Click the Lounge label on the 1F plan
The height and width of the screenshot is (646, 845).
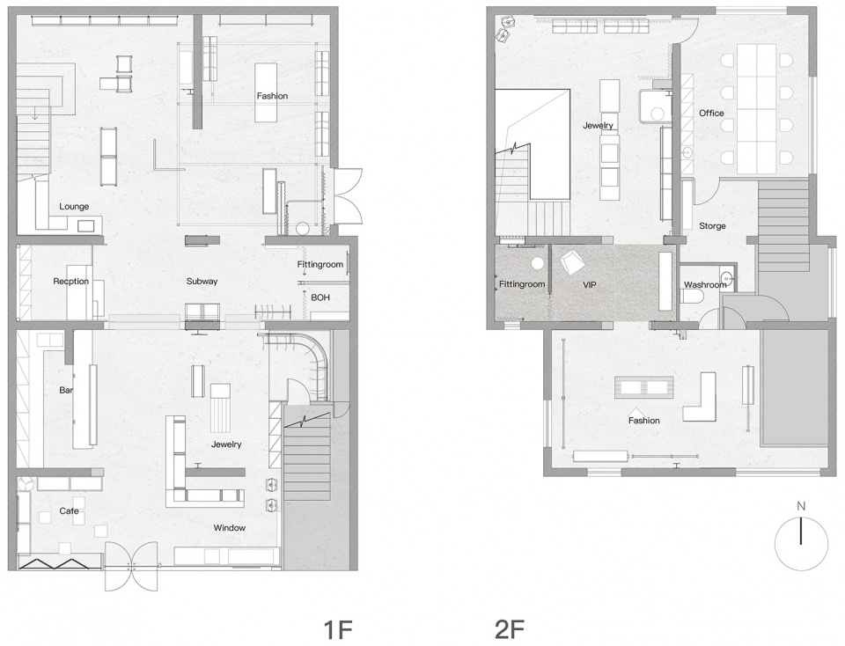pyautogui.click(x=74, y=206)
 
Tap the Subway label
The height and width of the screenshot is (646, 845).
pyautogui.click(x=202, y=282)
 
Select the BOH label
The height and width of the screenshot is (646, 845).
pyautogui.click(x=320, y=297)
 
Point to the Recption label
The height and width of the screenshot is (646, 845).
pyautogui.click(x=70, y=282)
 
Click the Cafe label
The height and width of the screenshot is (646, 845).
pyautogui.click(x=69, y=510)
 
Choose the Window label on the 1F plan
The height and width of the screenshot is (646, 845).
pyautogui.click(x=230, y=528)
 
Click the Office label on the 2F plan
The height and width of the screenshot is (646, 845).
pyautogui.click(x=711, y=114)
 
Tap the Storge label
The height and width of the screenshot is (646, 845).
pyautogui.click(x=712, y=226)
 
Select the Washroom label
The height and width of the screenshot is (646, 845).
pyautogui.click(x=705, y=285)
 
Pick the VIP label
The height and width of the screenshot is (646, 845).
pyautogui.click(x=590, y=284)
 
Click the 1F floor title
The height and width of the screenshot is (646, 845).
pyautogui.click(x=337, y=629)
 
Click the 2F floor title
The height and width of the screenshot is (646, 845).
pyautogui.click(x=510, y=629)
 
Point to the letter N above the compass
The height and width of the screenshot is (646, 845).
pyautogui.click(x=801, y=506)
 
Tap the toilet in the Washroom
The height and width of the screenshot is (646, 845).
pyautogui.click(x=692, y=297)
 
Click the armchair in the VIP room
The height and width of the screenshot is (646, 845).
pyautogui.click(x=572, y=262)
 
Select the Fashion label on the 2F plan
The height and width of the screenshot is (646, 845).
pyautogui.click(x=644, y=420)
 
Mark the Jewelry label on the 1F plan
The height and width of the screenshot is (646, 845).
pyautogui.click(x=226, y=444)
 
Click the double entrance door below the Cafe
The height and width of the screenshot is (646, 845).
pyautogui.click(x=131, y=566)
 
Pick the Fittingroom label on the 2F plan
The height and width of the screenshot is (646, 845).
pyautogui.click(x=522, y=284)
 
